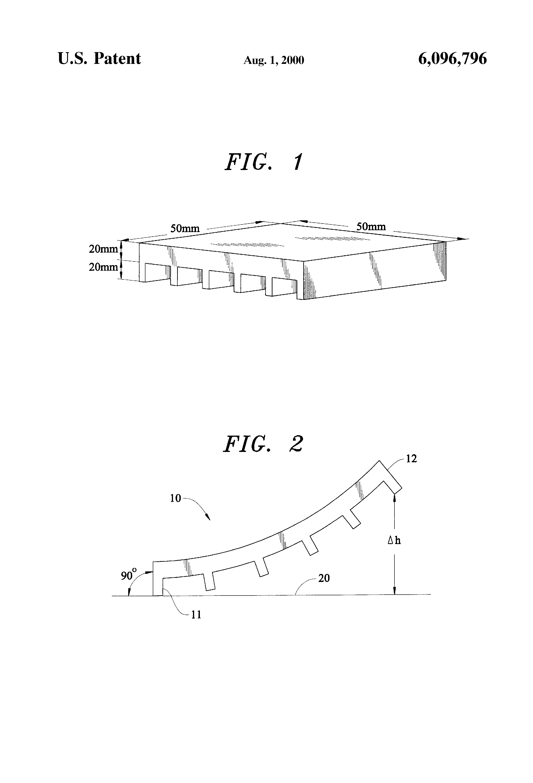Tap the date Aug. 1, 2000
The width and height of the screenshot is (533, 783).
coord(274,60)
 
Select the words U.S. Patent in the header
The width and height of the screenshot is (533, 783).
coord(99,59)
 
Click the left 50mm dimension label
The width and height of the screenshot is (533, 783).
coord(185,228)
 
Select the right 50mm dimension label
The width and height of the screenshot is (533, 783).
coord(371,226)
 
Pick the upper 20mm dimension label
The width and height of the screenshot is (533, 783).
coord(103,249)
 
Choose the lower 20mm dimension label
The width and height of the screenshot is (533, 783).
coord(103,267)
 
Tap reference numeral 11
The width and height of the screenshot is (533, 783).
coord(196,605)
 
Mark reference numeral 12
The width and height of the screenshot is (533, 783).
coord(411,459)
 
